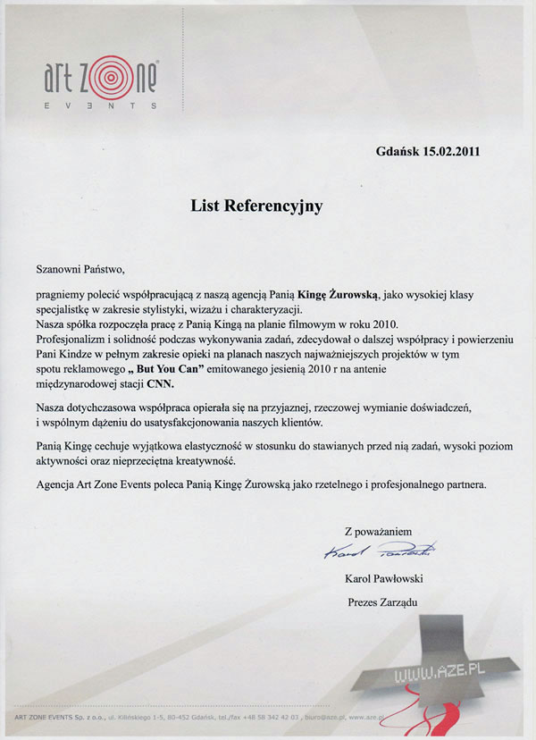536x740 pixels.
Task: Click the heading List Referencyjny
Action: [x=255, y=206]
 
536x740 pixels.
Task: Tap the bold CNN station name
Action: [x=163, y=384]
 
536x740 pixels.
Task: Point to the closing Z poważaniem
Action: [x=378, y=532]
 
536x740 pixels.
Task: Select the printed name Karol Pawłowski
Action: [x=381, y=578]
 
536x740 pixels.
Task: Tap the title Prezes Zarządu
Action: [x=381, y=601]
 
